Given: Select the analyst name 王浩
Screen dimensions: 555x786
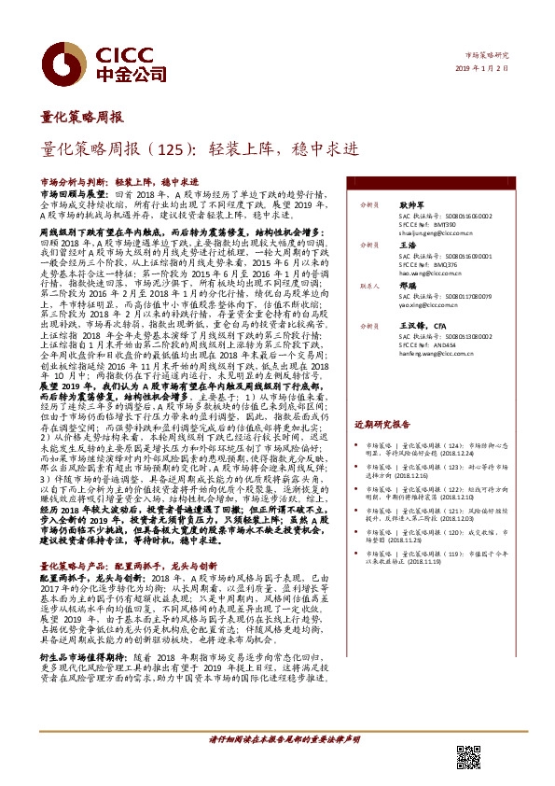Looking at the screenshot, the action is coord(408,243).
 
